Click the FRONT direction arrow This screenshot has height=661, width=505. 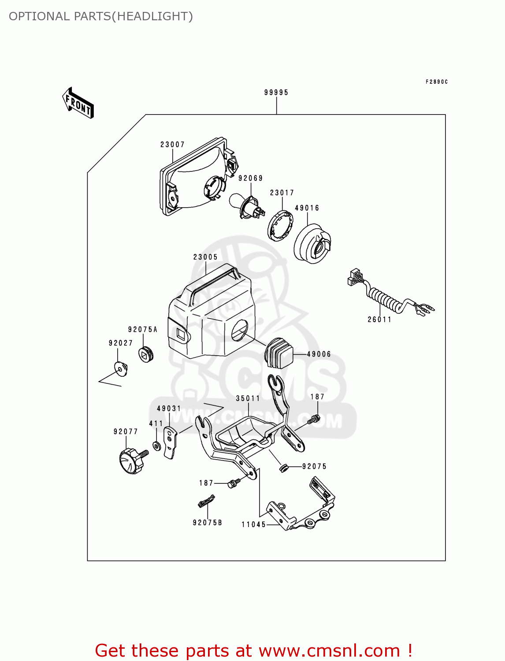click(78, 103)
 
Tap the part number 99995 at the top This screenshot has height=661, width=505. click(276, 93)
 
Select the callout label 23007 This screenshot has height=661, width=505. click(172, 145)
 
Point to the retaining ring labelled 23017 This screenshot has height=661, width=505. click(280, 226)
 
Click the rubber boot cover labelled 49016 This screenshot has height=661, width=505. click(312, 244)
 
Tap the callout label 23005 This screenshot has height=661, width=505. click(205, 257)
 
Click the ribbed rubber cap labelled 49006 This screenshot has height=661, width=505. click(278, 353)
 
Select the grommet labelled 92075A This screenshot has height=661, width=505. click(146, 354)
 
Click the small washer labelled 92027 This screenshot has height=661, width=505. click(121, 368)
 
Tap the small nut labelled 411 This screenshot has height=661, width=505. click(157, 446)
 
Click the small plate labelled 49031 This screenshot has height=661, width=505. click(171, 442)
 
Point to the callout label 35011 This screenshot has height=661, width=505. click(248, 398)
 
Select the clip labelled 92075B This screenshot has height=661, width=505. click(206, 501)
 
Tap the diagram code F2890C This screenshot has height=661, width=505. click(437, 82)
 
